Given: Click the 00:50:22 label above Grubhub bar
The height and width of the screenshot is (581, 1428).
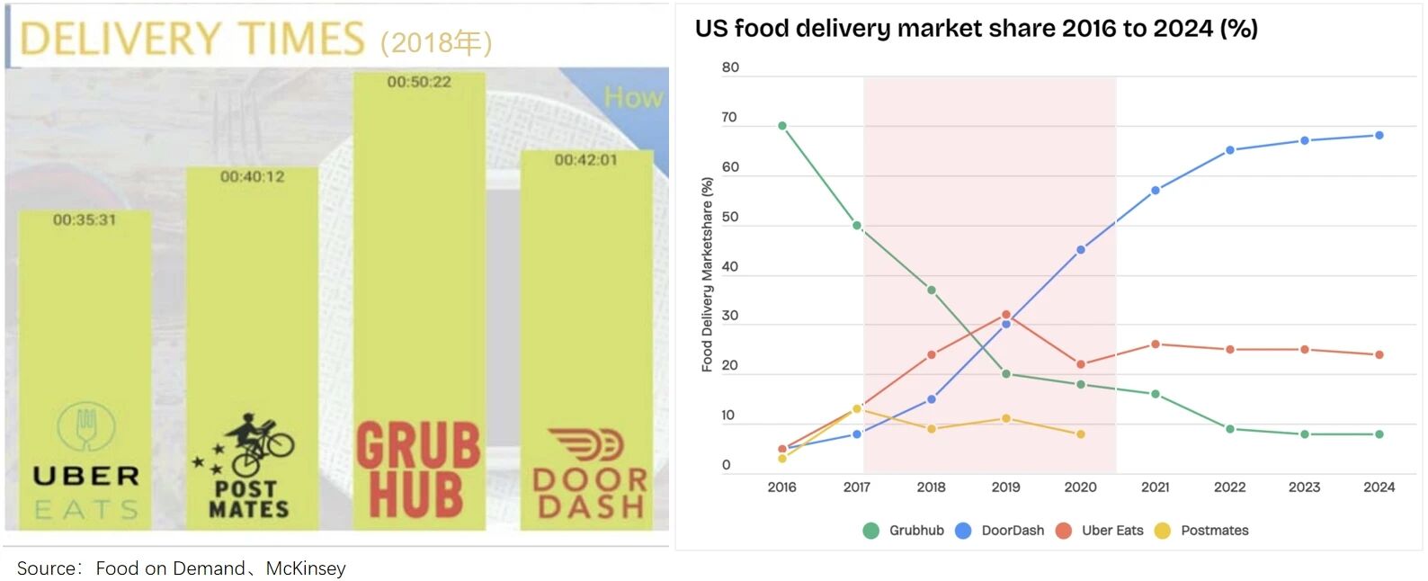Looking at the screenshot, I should [x=419, y=82].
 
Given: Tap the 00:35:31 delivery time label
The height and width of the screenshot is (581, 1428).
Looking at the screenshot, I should [x=85, y=219].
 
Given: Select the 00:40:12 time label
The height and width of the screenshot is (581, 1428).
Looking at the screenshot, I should [x=253, y=176].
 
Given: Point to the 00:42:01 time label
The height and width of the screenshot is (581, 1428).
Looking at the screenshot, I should [x=585, y=160].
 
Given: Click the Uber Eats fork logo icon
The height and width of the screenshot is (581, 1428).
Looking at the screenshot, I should [x=86, y=426].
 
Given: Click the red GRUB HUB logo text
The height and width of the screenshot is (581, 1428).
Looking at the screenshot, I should [x=418, y=470].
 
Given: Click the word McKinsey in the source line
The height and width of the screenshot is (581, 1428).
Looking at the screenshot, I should [x=306, y=568].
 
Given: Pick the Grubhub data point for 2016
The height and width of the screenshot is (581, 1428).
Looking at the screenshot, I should [x=782, y=126].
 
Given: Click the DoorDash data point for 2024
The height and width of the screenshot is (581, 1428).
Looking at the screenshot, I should [x=1379, y=136].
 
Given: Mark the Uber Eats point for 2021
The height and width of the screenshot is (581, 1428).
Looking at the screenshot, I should [x=1156, y=344].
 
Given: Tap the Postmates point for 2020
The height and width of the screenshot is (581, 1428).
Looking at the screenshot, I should [x=1081, y=434].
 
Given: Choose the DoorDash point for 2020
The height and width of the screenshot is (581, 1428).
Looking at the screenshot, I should [x=1081, y=250].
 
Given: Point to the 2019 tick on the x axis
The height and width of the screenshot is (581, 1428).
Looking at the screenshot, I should [x=1005, y=487].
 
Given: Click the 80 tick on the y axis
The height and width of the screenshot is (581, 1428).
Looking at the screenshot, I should [x=730, y=67].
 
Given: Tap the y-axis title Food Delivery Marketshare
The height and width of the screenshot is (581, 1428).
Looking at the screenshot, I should [x=708, y=274].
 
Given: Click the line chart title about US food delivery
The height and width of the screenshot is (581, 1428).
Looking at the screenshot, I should [x=976, y=29].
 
